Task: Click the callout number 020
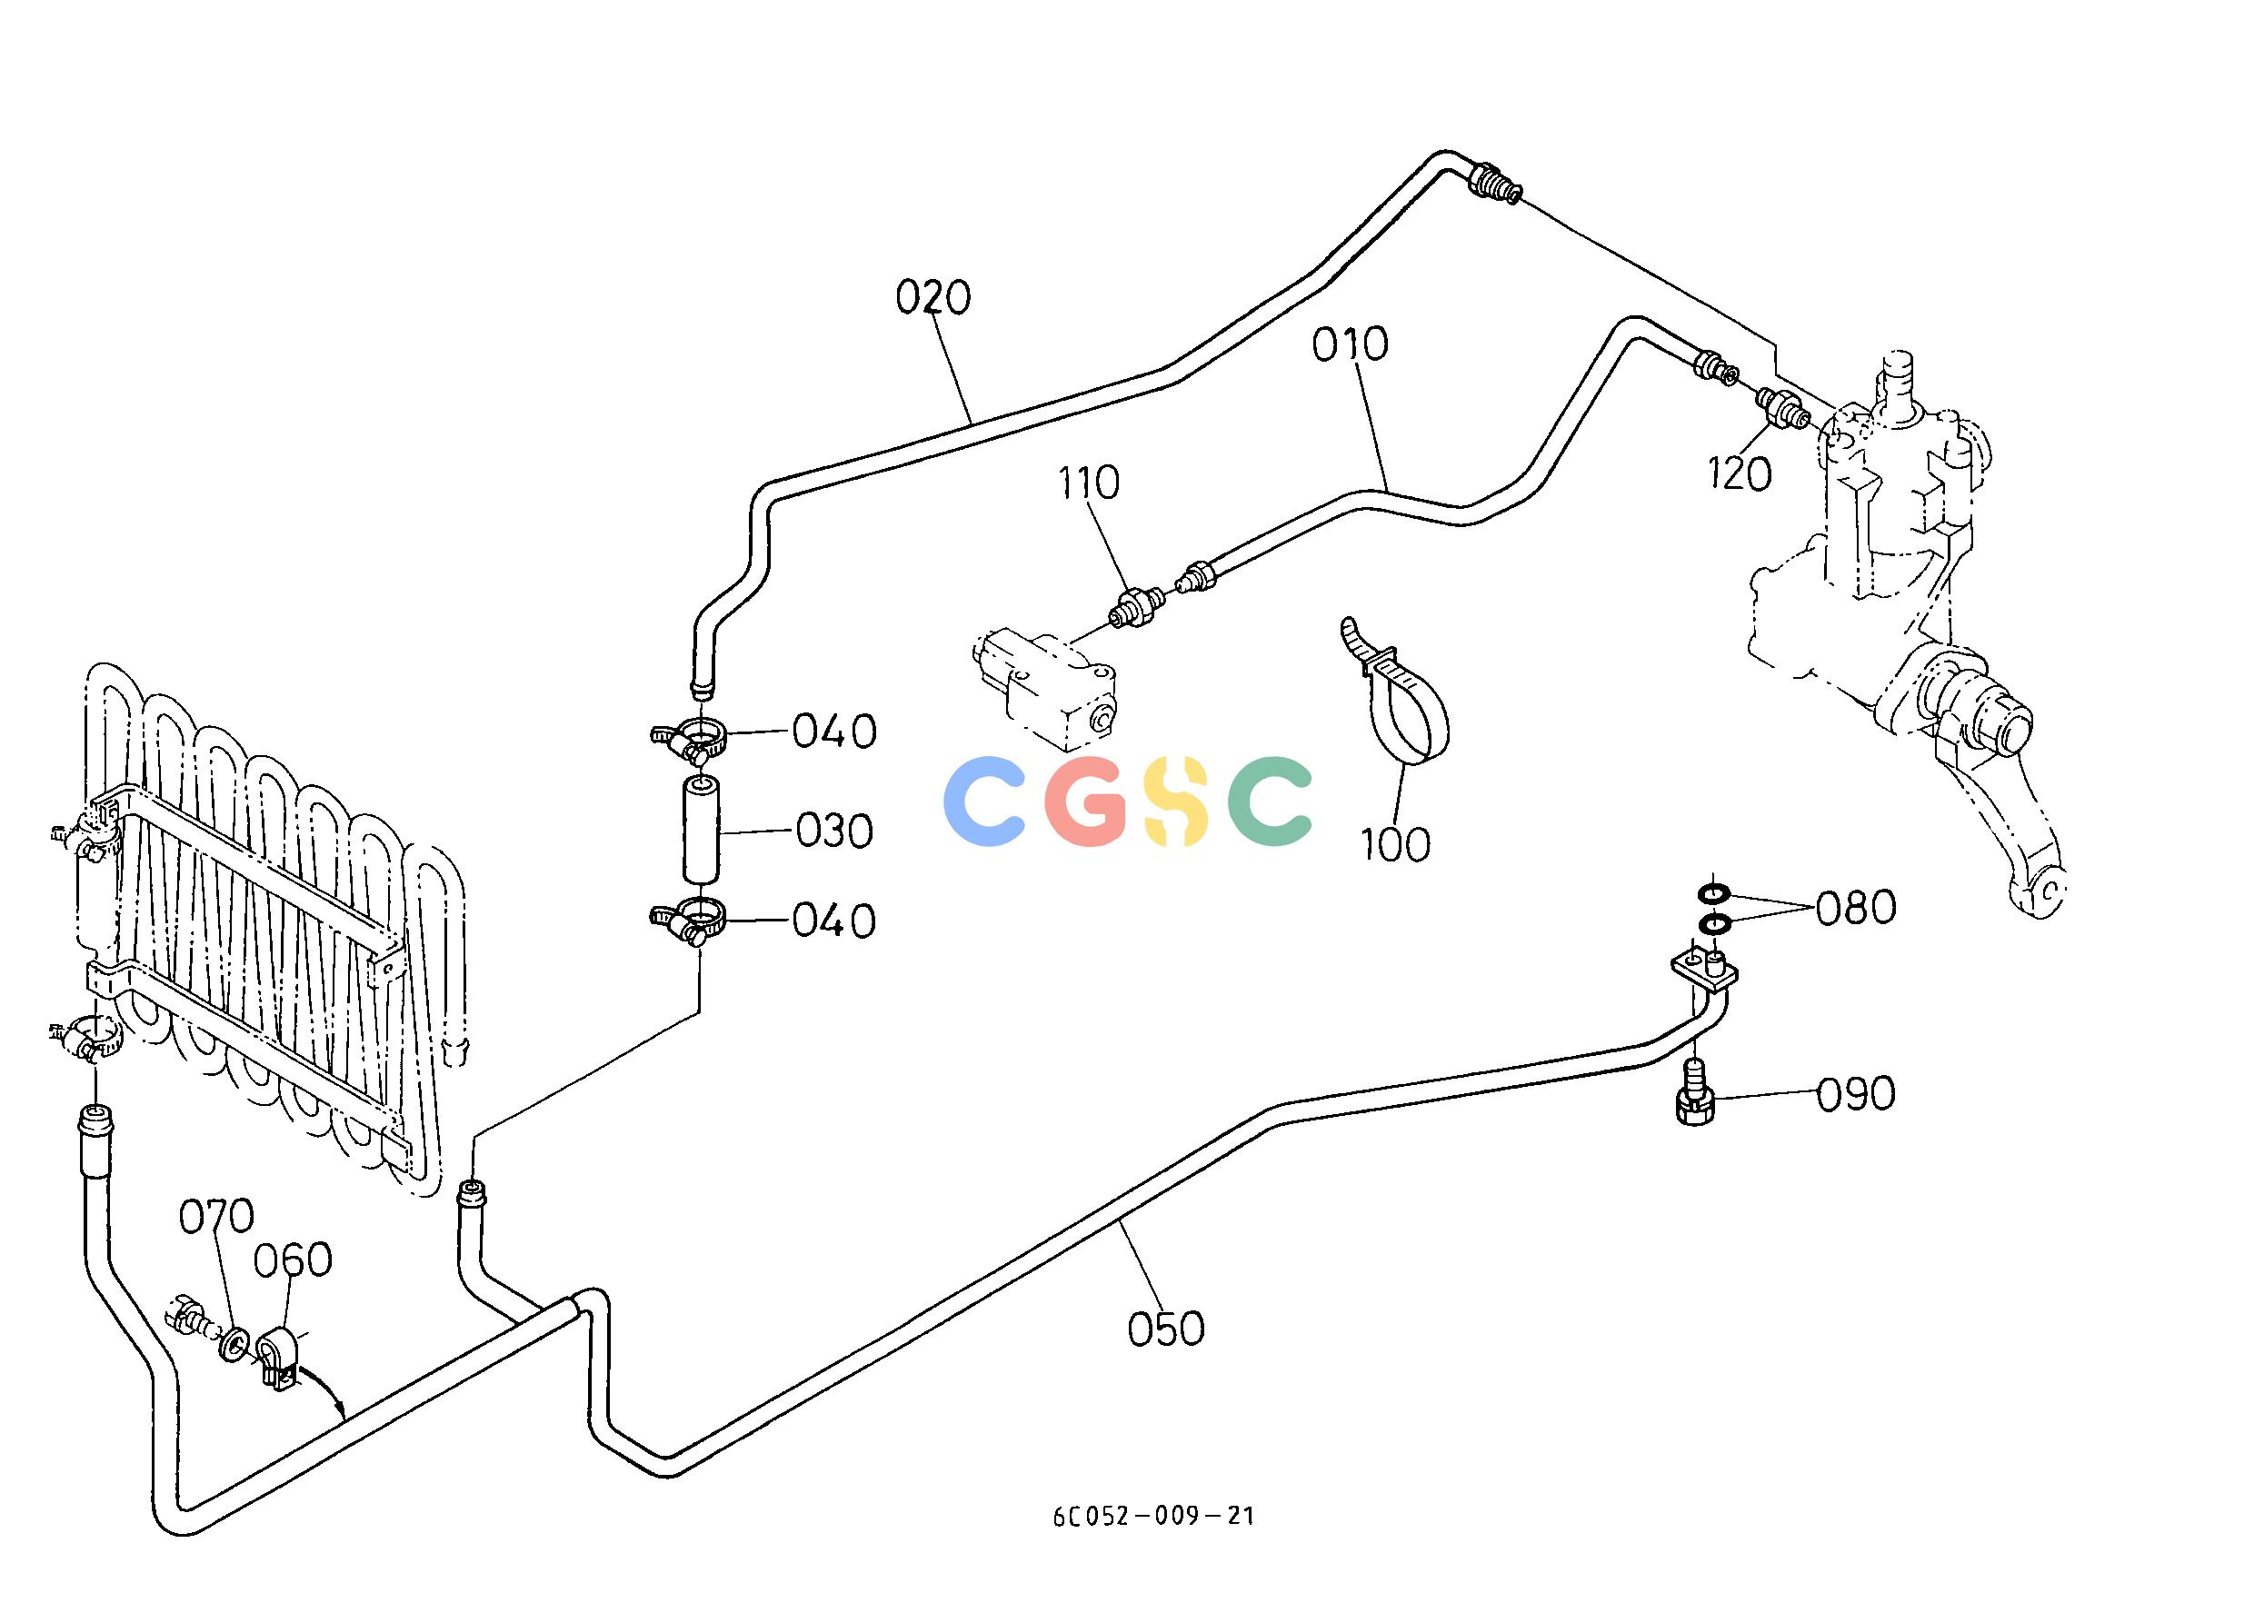point(933,297)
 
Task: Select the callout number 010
point(1351,344)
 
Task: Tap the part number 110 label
point(1089,483)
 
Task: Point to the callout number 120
point(1740,474)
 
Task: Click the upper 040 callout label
point(835,732)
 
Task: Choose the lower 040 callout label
point(835,922)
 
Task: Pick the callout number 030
point(835,832)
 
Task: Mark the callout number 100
point(1395,844)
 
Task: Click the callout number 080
point(1856,908)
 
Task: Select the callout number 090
point(1856,1095)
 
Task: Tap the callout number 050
point(1166,1329)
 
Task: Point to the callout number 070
point(216,1217)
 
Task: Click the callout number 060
point(293,1260)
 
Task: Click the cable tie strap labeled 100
point(1395,694)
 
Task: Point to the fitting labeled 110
point(1137,603)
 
